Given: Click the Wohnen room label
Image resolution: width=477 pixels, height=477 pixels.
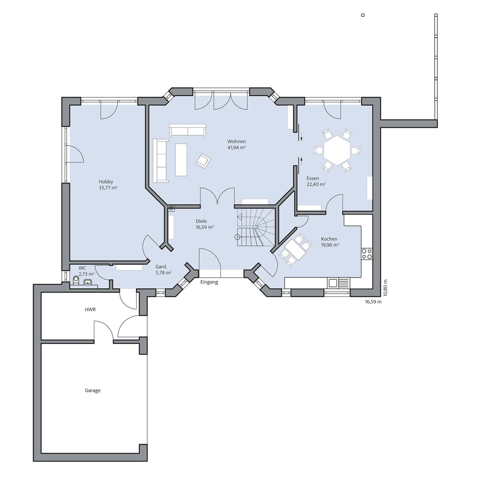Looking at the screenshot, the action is click(x=237, y=142).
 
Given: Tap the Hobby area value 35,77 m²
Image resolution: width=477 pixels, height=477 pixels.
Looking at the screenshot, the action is click(x=108, y=188).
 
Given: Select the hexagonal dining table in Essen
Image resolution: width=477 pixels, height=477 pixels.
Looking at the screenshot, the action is click(x=337, y=150).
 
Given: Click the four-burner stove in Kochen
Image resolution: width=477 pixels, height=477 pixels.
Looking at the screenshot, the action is click(x=366, y=254).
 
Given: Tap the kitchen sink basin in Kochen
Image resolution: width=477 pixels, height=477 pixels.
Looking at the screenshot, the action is click(x=332, y=283).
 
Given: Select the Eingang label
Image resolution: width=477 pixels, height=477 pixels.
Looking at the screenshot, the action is click(x=209, y=282).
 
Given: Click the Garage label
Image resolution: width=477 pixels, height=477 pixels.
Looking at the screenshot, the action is click(x=93, y=391).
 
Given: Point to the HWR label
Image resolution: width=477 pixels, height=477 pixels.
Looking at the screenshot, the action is click(x=90, y=309).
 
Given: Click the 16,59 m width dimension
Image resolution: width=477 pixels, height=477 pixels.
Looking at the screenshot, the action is click(x=373, y=301).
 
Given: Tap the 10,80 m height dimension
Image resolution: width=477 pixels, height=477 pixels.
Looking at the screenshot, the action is click(x=385, y=288).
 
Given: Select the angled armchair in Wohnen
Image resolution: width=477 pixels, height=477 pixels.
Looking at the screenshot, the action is click(x=203, y=161).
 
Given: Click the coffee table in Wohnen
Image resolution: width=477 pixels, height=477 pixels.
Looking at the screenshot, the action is click(x=181, y=160).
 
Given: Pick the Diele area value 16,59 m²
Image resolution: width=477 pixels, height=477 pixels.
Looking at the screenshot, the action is click(x=205, y=227).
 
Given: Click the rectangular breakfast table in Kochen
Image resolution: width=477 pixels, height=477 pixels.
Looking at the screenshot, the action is click(x=295, y=250).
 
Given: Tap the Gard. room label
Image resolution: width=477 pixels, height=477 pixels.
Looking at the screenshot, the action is click(x=161, y=267).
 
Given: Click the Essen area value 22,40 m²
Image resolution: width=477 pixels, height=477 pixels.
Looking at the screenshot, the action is click(x=316, y=184).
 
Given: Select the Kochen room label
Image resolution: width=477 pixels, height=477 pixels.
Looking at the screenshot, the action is click(x=329, y=239).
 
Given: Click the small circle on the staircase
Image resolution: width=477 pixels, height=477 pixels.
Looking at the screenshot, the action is click(x=237, y=237).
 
